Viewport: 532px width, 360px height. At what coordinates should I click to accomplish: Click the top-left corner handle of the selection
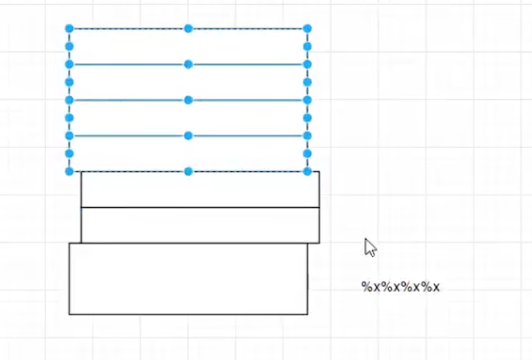(x=70, y=29)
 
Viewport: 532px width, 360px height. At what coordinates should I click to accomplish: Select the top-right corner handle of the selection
(x=307, y=29)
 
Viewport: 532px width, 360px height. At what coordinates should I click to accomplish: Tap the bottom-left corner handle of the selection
(x=70, y=171)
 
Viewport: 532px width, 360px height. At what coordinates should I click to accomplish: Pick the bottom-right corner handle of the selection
(x=307, y=171)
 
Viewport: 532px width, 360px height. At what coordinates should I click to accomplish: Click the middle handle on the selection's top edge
(x=189, y=29)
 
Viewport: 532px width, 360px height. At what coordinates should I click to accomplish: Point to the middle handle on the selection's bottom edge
(x=189, y=171)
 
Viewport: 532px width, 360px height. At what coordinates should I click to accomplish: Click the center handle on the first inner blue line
(x=189, y=64)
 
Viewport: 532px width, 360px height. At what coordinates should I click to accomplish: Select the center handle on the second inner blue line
(x=189, y=100)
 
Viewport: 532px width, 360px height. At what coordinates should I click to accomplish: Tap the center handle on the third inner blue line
(x=189, y=136)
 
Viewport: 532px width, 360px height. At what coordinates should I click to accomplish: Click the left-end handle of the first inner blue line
(x=70, y=64)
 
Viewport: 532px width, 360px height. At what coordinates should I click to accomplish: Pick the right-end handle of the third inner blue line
(x=307, y=136)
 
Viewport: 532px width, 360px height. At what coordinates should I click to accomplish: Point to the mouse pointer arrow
(x=369, y=246)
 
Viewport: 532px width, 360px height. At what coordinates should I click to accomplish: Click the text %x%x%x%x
(x=401, y=286)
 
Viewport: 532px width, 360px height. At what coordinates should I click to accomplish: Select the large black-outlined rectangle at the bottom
(x=188, y=278)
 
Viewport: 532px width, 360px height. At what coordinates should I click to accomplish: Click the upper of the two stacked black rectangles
(x=200, y=190)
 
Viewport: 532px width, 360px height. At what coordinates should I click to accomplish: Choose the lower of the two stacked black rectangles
(x=200, y=225)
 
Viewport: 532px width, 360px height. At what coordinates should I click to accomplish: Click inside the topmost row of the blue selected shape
(x=128, y=46)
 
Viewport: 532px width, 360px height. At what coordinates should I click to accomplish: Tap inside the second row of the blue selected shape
(x=128, y=82)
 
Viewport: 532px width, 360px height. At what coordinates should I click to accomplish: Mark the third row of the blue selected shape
(x=128, y=118)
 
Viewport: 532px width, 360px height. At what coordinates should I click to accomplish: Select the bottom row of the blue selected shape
(x=128, y=154)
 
